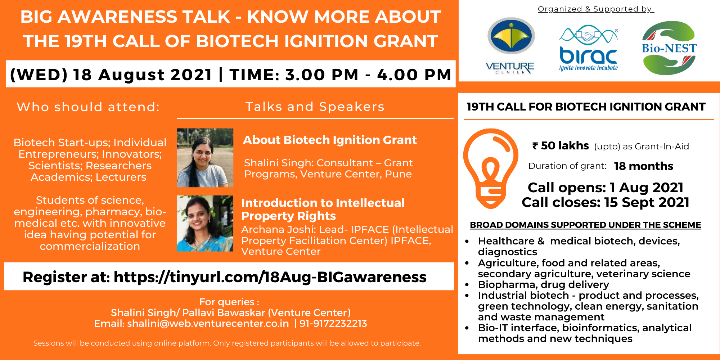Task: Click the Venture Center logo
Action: pos(510,45)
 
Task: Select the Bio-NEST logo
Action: pos(669,48)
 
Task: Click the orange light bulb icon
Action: pos(491,168)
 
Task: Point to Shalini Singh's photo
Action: pos(205,158)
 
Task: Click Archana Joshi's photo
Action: pos(205,223)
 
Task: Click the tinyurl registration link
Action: pos(270,277)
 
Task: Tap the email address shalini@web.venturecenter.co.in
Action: pos(208,323)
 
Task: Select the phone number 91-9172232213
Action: pos(333,323)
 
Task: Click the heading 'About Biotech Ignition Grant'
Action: pos(330,140)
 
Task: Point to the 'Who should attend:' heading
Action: pos(88,107)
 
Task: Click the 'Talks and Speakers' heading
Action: pos(315,107)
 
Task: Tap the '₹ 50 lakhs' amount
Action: pos(561,145)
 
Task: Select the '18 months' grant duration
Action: pos(644,166)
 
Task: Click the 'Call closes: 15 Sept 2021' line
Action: pos(606,202)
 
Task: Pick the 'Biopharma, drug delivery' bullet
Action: pos(544,284)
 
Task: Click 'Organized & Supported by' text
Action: pos(595,9)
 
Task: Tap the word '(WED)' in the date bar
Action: pos(39,75)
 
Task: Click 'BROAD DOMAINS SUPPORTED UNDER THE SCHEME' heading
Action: pos(585,225)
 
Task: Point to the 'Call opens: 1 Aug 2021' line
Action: pos(606,188)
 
